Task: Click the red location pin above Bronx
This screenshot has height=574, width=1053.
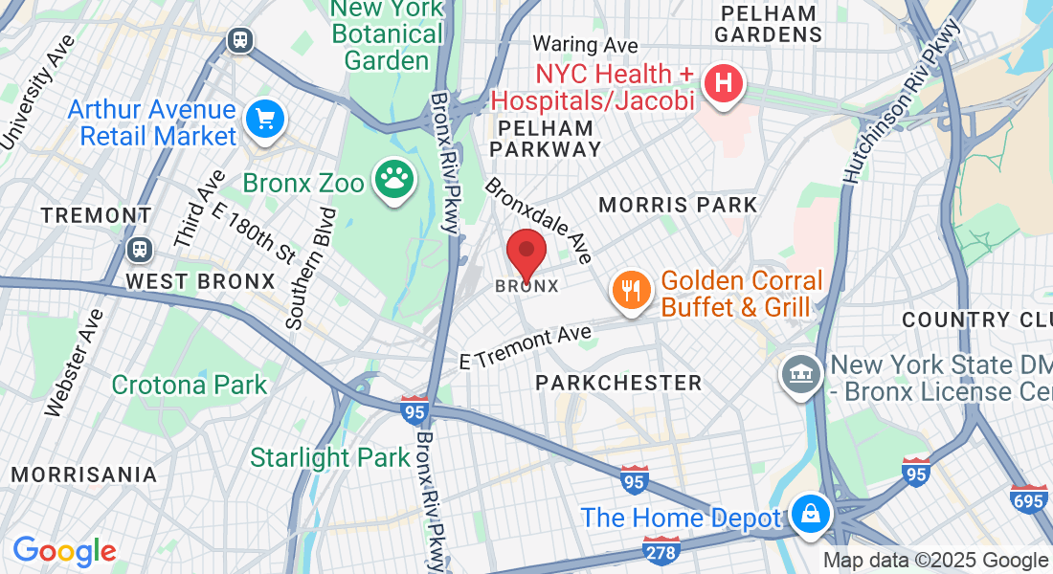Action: [526, 254]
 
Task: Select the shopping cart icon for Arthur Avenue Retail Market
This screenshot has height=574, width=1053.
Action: [265, 121]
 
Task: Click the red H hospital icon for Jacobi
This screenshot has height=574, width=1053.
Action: [725, 84]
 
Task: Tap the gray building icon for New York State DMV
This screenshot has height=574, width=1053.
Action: [800, 372]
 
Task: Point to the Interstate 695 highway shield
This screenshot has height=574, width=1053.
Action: [1028, 498]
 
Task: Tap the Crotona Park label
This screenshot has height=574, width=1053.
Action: [190, 385]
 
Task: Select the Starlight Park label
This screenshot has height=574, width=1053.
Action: [330, 457]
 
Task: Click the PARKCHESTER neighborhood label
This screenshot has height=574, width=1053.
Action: [618, 383]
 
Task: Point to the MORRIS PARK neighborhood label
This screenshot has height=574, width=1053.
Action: [678, 205]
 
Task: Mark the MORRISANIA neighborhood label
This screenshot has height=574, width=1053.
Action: [84, 475]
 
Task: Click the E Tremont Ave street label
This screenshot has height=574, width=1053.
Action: [526, 347]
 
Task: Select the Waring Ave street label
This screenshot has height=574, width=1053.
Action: [585, 44]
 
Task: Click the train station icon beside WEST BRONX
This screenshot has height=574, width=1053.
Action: [140, 250]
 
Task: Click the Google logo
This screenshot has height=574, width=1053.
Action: [64, 550]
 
